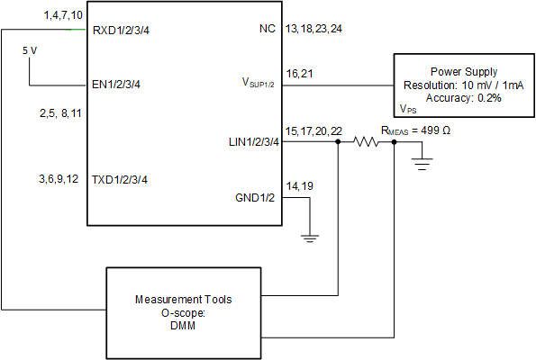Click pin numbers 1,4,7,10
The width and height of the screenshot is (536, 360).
(63, 16)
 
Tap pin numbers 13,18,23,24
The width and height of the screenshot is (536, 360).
(312, 30)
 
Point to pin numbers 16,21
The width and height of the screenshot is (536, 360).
(299, 73)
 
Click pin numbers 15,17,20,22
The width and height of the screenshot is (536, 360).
(312, 131)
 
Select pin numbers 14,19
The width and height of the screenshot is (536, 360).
(299, 186)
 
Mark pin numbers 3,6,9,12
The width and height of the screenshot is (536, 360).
(59, 180)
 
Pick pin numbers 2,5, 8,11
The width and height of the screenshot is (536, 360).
(60, 113)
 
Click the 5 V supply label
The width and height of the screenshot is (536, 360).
(30, 51)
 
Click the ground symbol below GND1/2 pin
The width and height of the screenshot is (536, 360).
(309, 238)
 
